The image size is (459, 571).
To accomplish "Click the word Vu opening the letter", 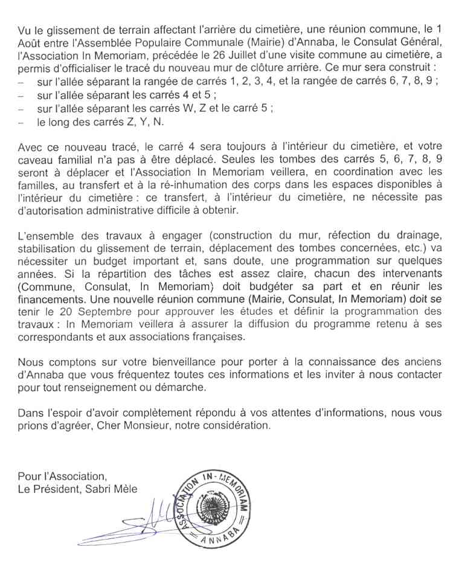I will tap(24, 29).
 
